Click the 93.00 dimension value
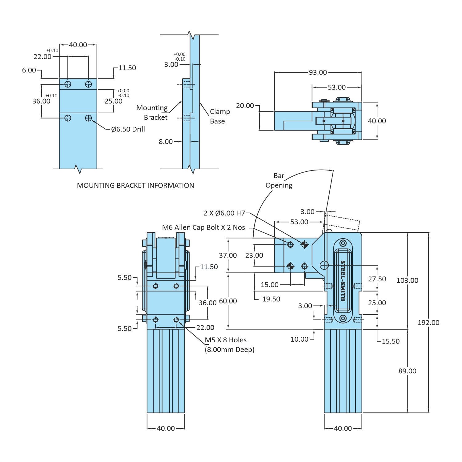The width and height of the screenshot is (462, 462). coord(318,72)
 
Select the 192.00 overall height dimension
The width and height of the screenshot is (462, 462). coord(428,323)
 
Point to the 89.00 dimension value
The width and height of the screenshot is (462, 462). coord(407,371)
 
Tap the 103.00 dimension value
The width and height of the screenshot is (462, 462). coord(407,280)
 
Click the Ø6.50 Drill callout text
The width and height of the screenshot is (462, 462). coord(128,129)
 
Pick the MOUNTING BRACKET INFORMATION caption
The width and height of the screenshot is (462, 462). coord(135,185)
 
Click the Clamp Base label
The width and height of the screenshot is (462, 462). coord(219,116)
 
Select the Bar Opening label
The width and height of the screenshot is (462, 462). coord(279,180)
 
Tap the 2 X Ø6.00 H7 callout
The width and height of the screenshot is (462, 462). coord(224,213)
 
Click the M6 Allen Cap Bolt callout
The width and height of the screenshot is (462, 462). coord(203,227)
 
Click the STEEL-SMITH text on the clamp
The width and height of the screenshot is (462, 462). coord(343,281)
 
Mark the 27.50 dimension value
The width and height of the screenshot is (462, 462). coord(377,279)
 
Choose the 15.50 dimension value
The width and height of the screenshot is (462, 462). coord(391,341)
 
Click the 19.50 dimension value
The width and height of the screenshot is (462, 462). coord(271,299)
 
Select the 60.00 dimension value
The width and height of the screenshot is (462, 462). coord(228,301)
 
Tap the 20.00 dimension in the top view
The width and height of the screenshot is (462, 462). coord(245,106)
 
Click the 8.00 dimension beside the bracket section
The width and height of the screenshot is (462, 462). coord(166,142)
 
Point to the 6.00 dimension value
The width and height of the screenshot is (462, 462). coord(29,70)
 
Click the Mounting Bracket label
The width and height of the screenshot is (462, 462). coord(152,112)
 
